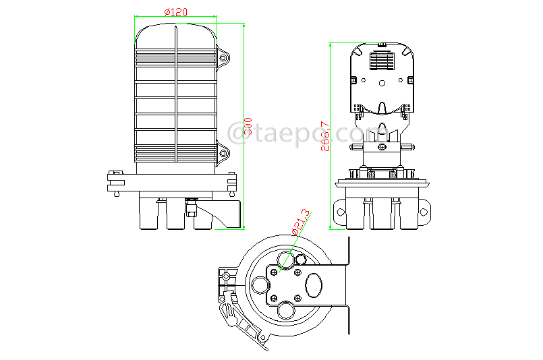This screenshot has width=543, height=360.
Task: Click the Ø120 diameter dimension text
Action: point(176,11)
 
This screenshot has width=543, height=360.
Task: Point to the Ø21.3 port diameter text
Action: point(301,222)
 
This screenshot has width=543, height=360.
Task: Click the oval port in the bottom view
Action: point(314,284)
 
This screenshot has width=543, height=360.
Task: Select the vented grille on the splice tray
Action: point(382,63)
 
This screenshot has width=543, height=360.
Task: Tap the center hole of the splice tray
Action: point(382,85)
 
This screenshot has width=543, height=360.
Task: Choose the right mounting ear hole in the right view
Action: point(424,214)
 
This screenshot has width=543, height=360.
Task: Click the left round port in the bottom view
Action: point(260,285)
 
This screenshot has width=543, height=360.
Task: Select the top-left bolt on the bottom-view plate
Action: point(274,271)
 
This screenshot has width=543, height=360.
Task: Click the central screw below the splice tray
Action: point(382,147)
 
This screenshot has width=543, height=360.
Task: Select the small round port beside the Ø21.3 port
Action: point(299,260)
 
